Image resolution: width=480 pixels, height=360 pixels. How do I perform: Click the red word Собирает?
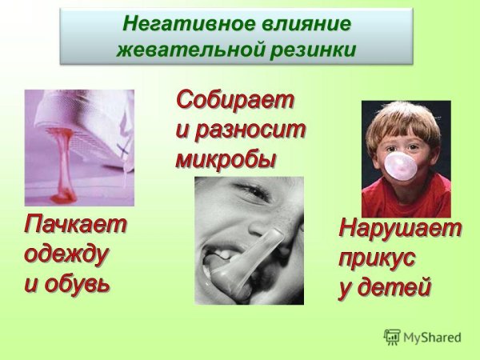[x=235, y=102]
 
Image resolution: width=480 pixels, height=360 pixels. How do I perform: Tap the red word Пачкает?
[x=74, y=226]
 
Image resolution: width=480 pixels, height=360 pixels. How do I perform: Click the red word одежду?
[x=67, y=254]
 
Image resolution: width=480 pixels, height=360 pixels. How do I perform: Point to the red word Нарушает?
[x=400, y=230]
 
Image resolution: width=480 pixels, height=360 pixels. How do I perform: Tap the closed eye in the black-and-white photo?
[x=253, y=194]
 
